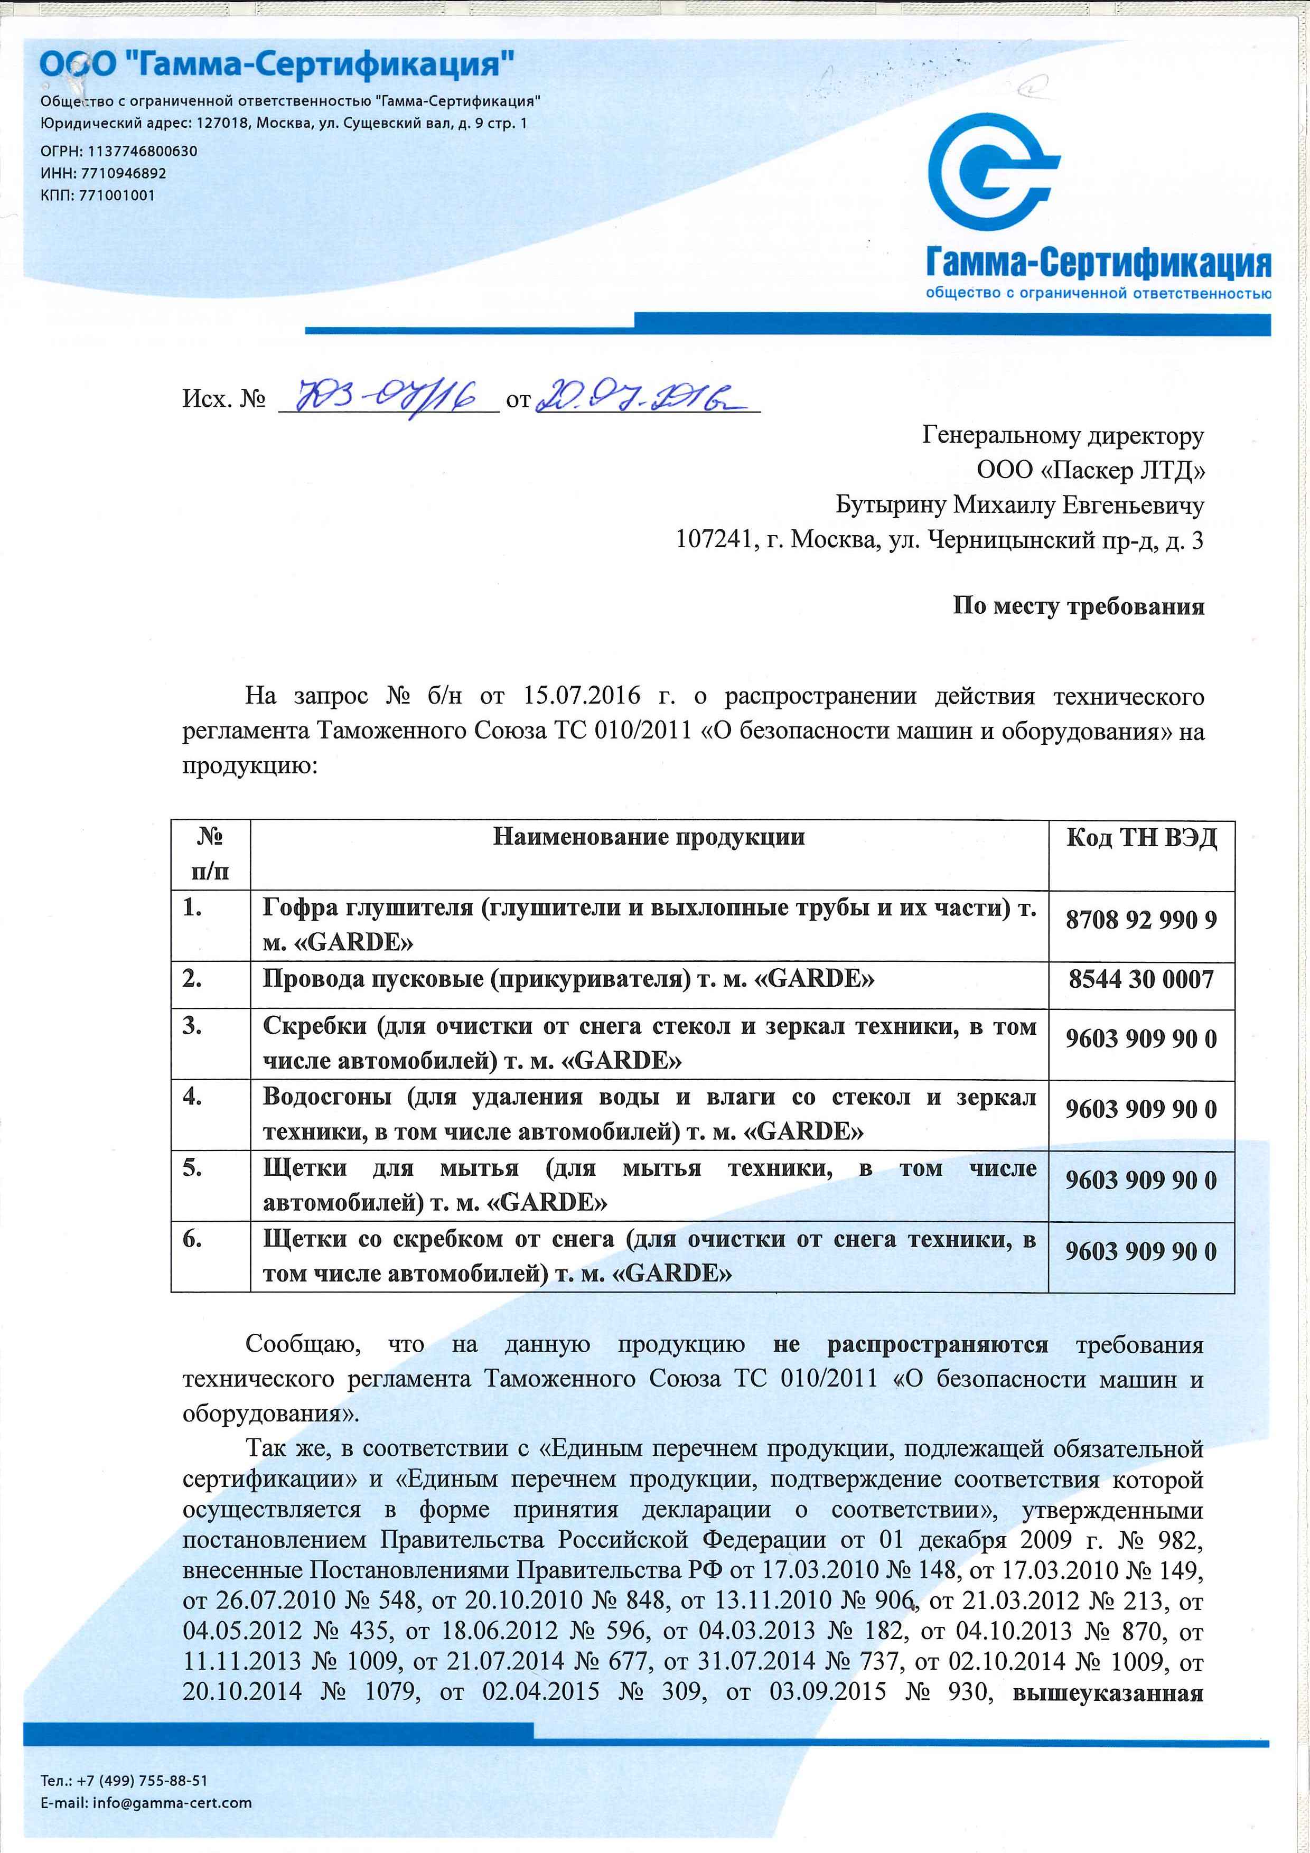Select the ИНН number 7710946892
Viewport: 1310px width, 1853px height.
point(124,173)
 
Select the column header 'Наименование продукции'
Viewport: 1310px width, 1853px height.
point(648,837)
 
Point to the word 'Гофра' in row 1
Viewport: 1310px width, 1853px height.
point(300,908)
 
